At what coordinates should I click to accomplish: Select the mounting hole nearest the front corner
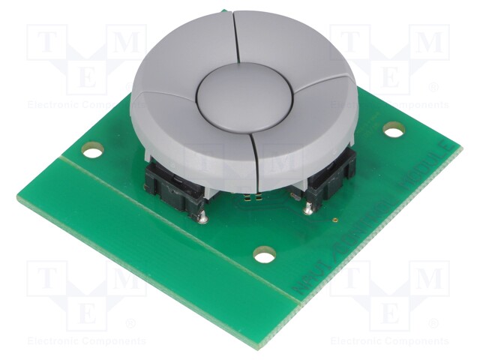click(264, 256)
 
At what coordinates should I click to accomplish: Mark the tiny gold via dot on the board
click(334, 222)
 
